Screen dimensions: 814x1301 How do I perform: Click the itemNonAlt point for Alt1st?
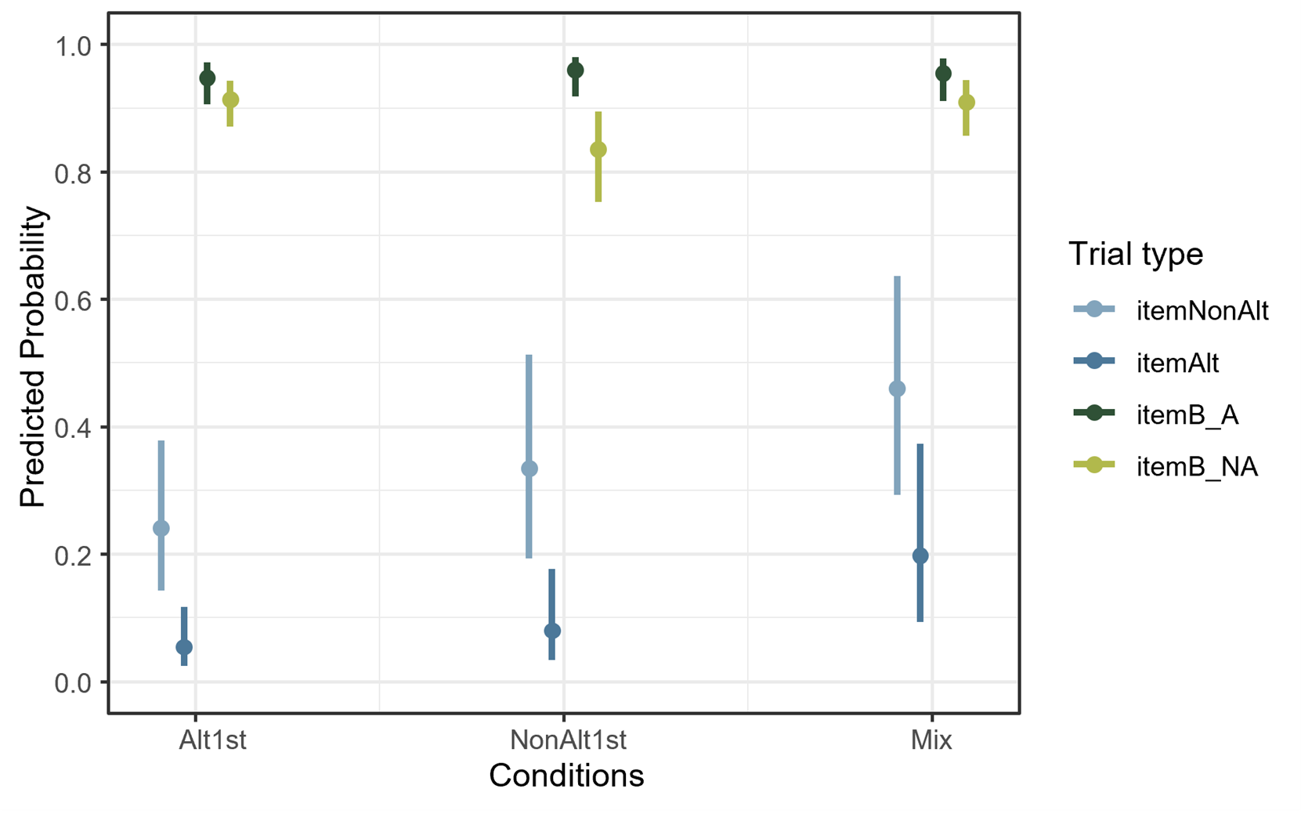(x=161, y=528)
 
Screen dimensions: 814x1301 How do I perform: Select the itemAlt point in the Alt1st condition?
(x=184, y=647)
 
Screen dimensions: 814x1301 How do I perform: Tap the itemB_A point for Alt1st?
(x=208, y=78)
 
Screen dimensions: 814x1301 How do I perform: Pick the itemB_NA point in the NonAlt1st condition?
(x=598, y=150)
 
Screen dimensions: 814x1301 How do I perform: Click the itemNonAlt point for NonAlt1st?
(x=529, y=469)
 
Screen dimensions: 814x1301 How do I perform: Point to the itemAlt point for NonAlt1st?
(x=552, y=631)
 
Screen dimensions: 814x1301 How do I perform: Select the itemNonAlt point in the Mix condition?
(x=898, y=389)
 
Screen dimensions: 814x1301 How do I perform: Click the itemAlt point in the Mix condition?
(x=920, y=555)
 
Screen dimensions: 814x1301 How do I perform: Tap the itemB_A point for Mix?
(x=944, y=74)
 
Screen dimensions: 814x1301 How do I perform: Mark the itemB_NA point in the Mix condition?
(x=967, y=103)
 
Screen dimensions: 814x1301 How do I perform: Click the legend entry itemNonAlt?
(x=1202, y=311)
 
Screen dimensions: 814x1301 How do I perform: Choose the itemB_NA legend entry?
(x=1196, y=466)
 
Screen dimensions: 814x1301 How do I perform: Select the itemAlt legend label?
(x=1177, y=363)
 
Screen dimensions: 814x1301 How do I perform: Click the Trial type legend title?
(x=1135, y=254)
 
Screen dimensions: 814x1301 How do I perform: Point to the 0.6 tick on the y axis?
(x=72, y=300)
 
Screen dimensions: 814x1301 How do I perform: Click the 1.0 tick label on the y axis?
(x=72, y=45)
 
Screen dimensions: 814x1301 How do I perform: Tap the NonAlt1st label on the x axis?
(x=568, y=740)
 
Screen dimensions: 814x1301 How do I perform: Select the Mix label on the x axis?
(x=931, y=740)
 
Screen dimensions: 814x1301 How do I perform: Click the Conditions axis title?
(x=566, y=776)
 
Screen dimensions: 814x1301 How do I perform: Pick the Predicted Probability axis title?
(x=33, y=356)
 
